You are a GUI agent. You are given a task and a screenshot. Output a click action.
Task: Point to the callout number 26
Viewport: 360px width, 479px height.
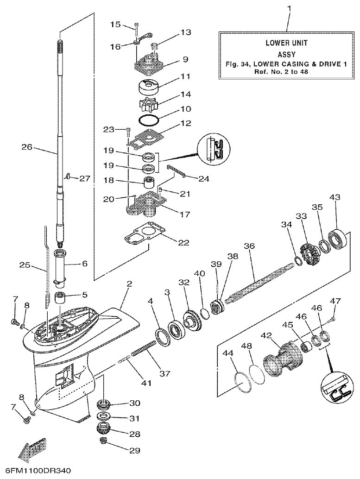(27, 147)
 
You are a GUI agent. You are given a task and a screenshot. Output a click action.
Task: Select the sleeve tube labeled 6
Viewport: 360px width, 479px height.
(62, 266)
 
